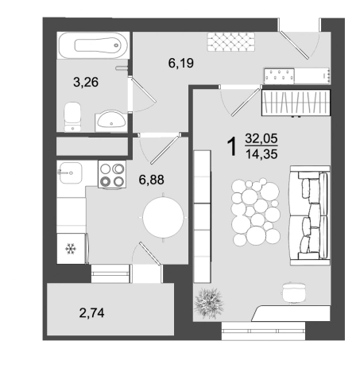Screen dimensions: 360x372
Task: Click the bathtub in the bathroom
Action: click(93, 45)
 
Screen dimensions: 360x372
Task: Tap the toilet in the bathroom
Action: click(72, 117)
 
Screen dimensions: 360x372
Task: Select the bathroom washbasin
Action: click(111, 121)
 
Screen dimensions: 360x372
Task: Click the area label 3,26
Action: click(86, 82)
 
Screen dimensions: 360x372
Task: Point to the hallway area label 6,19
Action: click(181, 63)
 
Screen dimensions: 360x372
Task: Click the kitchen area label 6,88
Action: click(151, 180)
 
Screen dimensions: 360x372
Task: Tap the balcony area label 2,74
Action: click(91, 313)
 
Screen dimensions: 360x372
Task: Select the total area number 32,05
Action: click(261, 138)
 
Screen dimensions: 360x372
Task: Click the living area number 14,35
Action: click(261, 154)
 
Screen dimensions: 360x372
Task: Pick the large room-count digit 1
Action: click(231, 146)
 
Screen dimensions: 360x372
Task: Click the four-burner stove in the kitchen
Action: click(112, 174)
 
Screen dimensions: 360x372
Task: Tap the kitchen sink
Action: click(71, 172)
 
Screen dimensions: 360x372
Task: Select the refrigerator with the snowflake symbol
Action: click(72, 248)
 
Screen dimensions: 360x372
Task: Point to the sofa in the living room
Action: click(310, 215)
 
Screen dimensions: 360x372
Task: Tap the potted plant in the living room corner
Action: click(209, 303)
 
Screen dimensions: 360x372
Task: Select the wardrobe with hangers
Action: click(296, 103)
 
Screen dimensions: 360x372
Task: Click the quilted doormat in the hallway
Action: click(231, 41)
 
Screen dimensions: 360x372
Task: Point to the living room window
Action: click(263, 331)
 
